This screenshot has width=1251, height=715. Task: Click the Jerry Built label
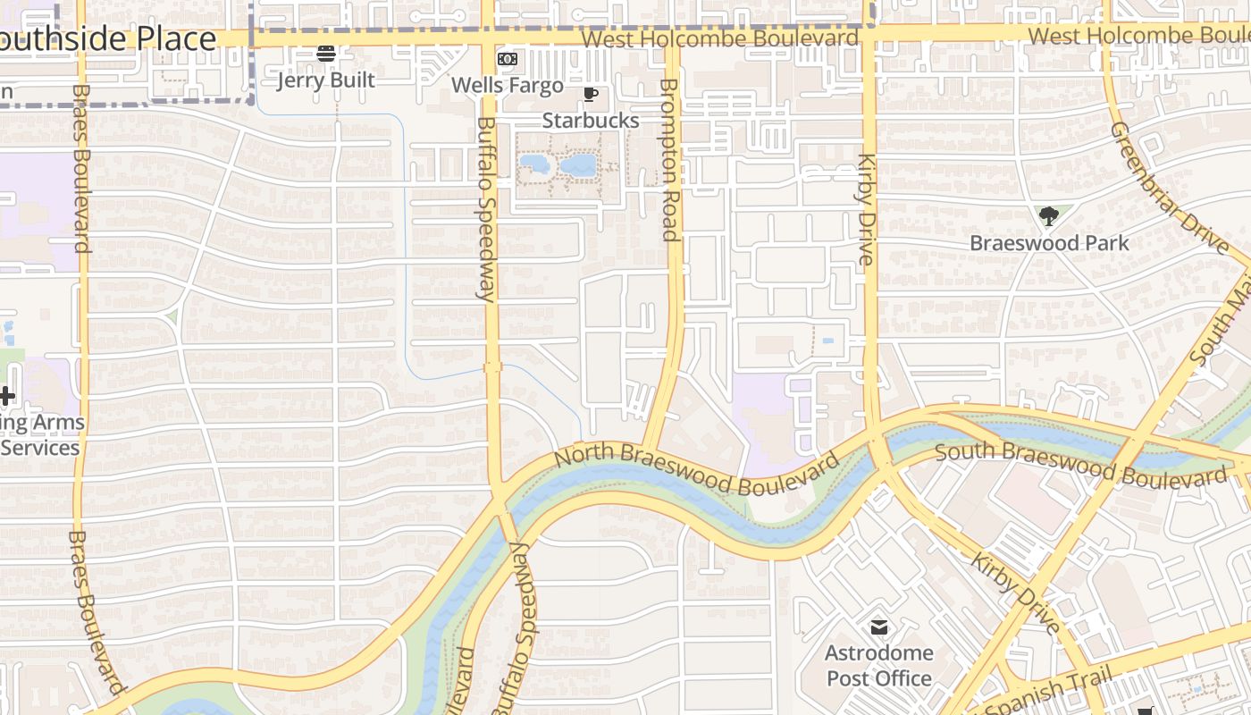tap(325, 80)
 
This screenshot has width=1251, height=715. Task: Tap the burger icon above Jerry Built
tap(326, 54)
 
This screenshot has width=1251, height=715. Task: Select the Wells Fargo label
tap(508, 86)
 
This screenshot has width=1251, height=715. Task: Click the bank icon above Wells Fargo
tap(507, 59)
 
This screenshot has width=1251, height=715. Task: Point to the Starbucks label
tap(591, 121)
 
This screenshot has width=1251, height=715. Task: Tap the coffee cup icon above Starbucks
tap(590, 94)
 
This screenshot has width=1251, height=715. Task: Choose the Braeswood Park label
tap(1049, 243)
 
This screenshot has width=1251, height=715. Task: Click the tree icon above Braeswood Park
tap(1049, 215)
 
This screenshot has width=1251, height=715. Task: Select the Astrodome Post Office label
tap(879, 666)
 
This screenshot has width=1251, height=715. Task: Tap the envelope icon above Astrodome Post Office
tap(879, 627)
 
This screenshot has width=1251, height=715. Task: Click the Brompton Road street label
tap(669, 159)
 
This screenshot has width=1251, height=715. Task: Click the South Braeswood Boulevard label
tap(1081, 463)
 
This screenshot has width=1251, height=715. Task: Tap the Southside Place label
tap(107, 39)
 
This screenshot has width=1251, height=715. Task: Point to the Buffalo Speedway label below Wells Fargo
tap(486, 210)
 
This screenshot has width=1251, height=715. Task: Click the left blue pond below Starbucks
tap(534, 164)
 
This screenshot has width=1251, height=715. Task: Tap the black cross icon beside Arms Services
tap(7, 395)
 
